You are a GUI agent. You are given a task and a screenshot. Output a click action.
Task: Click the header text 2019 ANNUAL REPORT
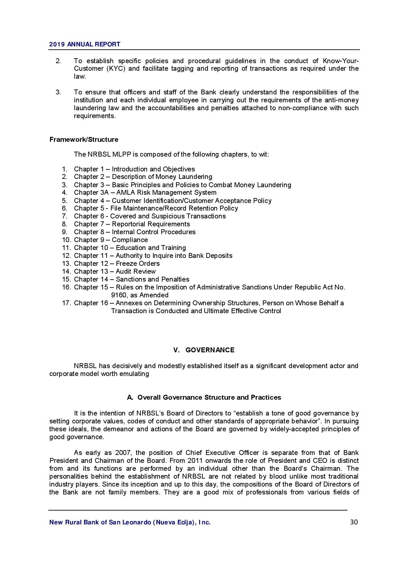point(85,44)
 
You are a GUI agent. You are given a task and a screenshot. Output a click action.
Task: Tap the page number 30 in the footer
point(354,522)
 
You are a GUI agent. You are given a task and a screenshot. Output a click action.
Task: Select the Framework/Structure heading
point(84,139)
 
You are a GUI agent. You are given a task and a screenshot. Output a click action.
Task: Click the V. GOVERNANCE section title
point(204,350)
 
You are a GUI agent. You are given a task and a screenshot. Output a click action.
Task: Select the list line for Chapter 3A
point(145,192)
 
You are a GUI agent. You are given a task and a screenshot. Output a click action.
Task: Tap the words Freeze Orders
point(138,263)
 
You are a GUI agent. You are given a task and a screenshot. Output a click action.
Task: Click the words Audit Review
point(136,271)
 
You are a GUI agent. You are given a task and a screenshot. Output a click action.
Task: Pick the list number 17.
point(66,303)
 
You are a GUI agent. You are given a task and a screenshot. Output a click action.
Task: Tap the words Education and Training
point(151,248)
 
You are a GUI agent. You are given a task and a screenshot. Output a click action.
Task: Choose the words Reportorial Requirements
point(151,224)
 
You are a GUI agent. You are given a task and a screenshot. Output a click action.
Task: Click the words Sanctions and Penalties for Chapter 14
point(152,279)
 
